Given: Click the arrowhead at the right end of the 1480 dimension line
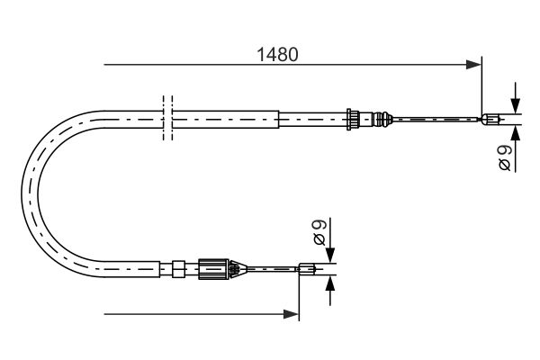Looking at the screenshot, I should click(x=474, y=65).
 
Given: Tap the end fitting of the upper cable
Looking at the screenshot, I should click(x=491, y=117).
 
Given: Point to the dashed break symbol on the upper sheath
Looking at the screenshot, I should click(x=165, y=117).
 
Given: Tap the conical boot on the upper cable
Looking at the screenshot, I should click(x=384, y=117).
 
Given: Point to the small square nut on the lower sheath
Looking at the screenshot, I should click(x=178, y=266).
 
